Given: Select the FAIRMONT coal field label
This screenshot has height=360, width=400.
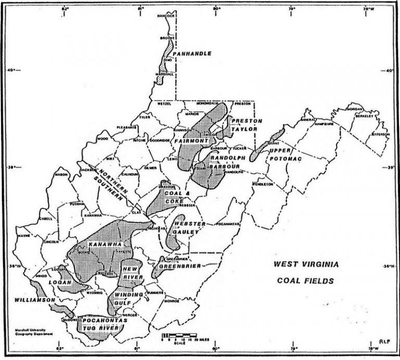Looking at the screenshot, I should point(192,141).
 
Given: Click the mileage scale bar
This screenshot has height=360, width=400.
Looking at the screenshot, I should point(179,334).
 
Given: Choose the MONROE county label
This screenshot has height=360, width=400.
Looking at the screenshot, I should point(171,301).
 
